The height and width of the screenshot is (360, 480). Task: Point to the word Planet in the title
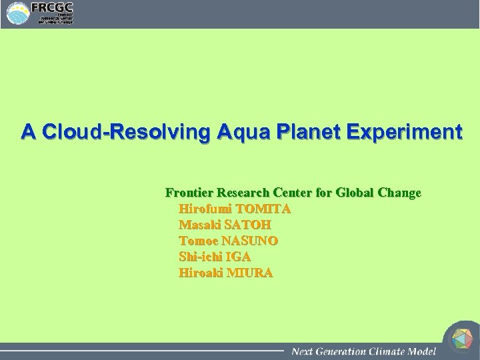click(302, 131)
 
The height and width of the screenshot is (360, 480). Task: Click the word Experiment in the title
click(403, 131)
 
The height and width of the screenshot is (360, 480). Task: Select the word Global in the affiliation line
click(355, 193)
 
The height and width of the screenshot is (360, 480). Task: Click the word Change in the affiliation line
click(399, 193)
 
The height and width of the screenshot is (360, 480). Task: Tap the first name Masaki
click(199, 225)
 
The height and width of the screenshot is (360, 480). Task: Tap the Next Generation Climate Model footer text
click(363, 351)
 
